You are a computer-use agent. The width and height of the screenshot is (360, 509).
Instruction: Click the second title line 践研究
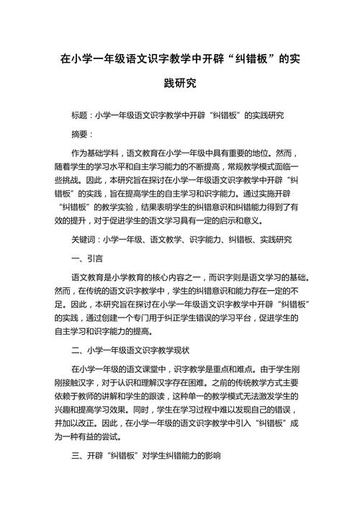coord(179,84)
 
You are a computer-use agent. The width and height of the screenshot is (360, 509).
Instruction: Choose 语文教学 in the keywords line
coord(169,238)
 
